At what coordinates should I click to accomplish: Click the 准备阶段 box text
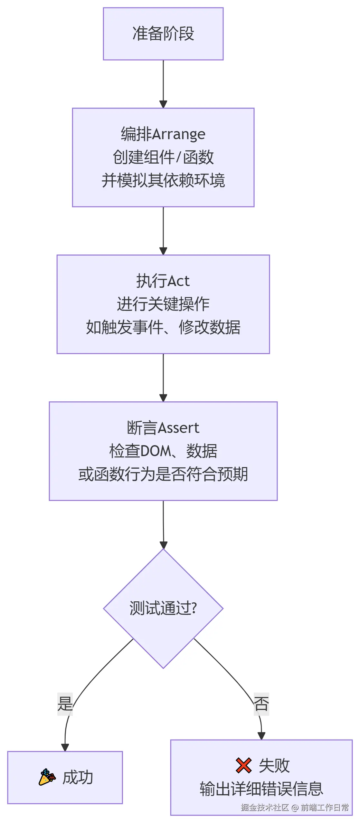point(163,34)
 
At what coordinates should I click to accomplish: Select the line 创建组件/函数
point(163,157)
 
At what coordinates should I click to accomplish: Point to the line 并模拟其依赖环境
point(163,180)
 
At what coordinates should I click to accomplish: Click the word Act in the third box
point(178,281)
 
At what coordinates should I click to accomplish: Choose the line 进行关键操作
point(163,304)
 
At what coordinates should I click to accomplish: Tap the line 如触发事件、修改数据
point(163,327)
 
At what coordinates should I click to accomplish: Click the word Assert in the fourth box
point(179,428)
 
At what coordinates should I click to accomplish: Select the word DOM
point(155,451)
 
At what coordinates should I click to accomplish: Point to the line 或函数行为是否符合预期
point(163,474)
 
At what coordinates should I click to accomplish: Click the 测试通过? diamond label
point(163,608)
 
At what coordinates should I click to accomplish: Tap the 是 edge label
point(65,704)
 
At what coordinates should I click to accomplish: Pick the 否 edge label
point(261,704)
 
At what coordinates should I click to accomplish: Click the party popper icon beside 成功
point(47,777)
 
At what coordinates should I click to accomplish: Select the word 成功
point(78,778)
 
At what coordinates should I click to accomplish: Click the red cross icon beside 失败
point(243,765)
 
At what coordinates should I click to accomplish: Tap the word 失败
point(274,766)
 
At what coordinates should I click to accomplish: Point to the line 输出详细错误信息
point(261,789)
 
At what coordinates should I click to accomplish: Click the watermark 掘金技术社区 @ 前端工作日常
point(295,807)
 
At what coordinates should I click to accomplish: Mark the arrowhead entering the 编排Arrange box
point(163,104)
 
